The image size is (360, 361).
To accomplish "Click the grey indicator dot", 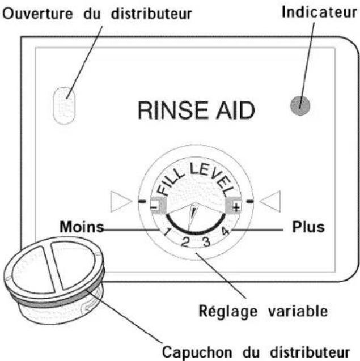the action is [x=300, y=105].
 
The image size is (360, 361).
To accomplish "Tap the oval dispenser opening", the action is [x=64, y=105].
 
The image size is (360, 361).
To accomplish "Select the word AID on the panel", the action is [x=235, y=111].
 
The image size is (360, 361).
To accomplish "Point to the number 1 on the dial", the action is [x=166, y=231].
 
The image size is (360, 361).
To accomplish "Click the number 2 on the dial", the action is [x=185, y=241].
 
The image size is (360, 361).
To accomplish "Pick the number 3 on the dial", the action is [x=206, y=241].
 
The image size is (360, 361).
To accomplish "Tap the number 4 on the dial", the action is [x=225, y=231].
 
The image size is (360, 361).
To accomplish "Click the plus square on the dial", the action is [x=234, y=206].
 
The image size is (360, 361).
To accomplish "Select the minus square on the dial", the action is [x=158, y=206].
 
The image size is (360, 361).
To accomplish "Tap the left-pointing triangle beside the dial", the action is [x=270, y=201].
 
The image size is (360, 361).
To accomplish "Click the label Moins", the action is [x=82, y=227].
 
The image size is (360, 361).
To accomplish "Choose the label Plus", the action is [x=308, y=227].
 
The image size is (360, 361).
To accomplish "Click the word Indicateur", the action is [x=319, y=12].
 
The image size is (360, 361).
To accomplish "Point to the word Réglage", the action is [x=228, y=312].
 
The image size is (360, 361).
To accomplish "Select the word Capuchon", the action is [x=197, y=352].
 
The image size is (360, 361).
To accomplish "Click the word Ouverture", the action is [x=37, y=14].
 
